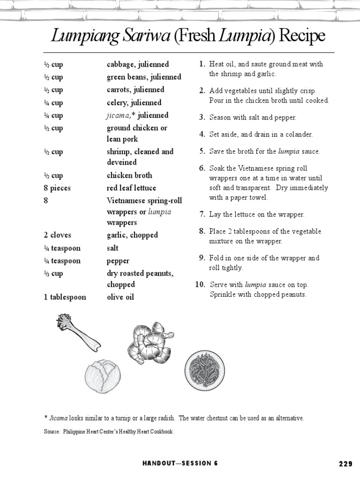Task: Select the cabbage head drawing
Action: [103, 376]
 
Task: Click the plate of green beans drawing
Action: [203, 369]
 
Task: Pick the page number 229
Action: [345, 464]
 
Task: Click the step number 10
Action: [200, 285]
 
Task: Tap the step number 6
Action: [202, 168]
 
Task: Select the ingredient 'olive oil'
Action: [120, 297]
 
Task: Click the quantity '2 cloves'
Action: [58, 235]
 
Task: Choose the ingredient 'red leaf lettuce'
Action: [131, 188]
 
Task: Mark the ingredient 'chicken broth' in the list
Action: [129, 175]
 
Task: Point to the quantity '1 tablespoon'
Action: [65, 297]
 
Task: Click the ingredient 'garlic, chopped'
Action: [132, 235]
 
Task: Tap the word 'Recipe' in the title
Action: [301, 36]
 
